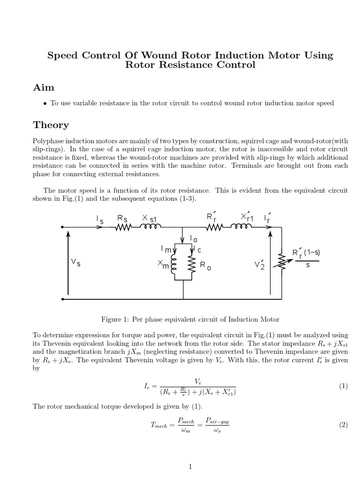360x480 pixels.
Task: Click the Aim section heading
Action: coord(44,88)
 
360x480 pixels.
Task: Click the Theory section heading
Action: coord(51,125)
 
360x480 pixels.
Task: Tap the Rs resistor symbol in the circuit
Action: coord(123,227)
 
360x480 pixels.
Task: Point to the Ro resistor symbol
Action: coord(191,266)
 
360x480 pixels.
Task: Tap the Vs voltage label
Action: coord(75,263)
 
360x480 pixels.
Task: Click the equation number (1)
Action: coord(343,386)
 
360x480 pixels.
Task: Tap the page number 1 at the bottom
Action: coord(190,466)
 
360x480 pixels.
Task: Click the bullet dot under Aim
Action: coord(45,104)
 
